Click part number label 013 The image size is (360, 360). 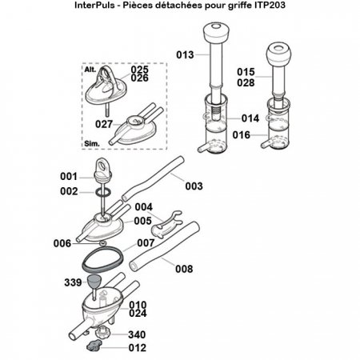(184, 55)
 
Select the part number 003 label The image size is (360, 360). (194, 186)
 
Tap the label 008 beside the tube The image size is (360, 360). (184, 269)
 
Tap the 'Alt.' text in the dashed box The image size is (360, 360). (90, 70)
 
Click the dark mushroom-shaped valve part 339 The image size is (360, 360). (95, 282)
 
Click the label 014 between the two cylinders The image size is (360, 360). (250, 118)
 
